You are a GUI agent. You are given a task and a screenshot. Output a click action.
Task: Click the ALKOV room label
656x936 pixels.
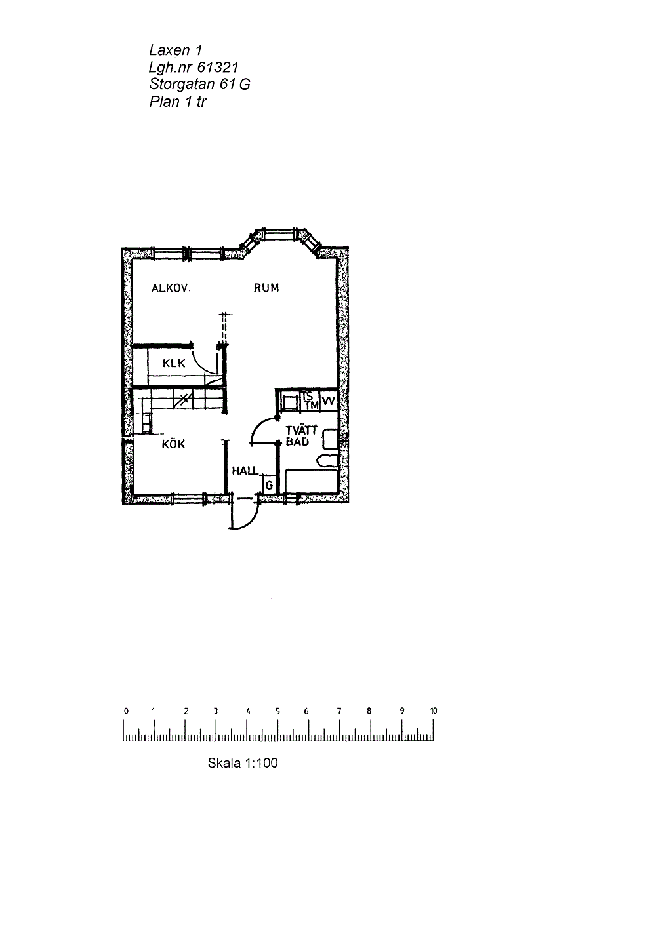coord(171,288)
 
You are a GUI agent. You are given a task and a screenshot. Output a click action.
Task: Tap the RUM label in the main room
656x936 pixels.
coord(266,288)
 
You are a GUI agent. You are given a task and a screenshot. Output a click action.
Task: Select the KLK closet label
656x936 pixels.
coord(173,363)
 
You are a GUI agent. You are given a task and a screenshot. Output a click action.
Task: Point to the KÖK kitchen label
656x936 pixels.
coord(173,443)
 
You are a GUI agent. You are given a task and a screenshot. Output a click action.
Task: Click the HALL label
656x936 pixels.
coord(245,471)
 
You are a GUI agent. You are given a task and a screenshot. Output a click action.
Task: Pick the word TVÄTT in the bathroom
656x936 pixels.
coord(301,431)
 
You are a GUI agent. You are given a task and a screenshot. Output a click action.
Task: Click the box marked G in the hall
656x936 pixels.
coord(269,485)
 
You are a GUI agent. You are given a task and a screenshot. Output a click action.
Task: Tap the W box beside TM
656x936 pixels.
coord(329,401)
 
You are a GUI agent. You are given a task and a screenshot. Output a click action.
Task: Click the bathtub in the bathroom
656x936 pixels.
coord(312,481)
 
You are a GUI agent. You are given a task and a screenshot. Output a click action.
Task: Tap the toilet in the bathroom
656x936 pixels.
coord(327,461)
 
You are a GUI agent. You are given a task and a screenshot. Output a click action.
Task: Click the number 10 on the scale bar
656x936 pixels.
coord(433,711)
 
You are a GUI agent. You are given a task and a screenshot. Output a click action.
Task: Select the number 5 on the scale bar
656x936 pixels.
coord(277,711)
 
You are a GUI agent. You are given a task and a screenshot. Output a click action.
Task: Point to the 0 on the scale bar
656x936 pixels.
coord(126,711)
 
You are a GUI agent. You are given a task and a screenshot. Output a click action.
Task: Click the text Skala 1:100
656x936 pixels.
coord(243,763)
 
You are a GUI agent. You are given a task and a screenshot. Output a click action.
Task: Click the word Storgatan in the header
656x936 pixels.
coord(182,85)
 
